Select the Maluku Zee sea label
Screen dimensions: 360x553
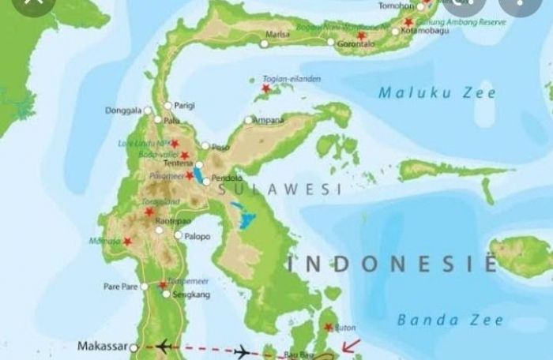click(437, 93)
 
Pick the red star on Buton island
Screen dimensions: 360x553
click(329, 327)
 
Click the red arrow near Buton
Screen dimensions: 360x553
click(351, 345)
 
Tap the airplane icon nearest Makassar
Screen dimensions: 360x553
click(165, 347)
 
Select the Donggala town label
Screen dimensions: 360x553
click(124, 111)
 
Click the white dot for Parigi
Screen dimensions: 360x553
click(167, 105)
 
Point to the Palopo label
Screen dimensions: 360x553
click(198, 235)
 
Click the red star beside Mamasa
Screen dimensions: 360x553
click(127, 242)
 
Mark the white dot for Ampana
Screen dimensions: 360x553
click(249, 120)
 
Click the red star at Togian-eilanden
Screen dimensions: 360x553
click(265, 88)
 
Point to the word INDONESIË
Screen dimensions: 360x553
click(391, 263)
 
